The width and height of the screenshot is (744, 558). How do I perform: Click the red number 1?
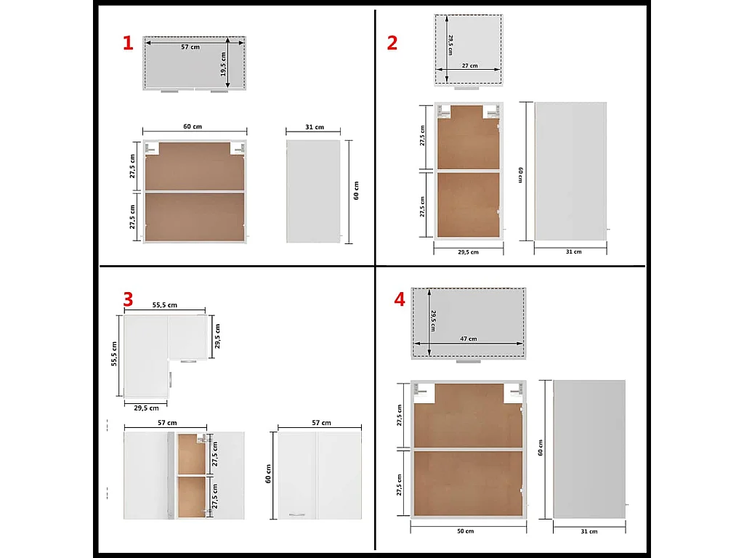(128, 43)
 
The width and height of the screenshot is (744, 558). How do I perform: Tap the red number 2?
(392, 43)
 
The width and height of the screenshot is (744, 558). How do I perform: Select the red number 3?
(128, 299)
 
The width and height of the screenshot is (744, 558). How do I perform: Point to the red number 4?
(400, 299)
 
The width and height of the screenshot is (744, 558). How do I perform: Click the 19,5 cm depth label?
(223, 64)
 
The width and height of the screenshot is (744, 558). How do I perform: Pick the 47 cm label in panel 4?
(469, 339)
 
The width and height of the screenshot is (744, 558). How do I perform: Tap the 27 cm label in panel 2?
(470, 65)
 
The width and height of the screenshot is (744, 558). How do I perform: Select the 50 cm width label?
(466, 531)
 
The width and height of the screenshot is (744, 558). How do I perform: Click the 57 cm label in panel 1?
(190, 47)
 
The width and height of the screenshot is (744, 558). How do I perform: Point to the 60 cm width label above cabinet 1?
(193, 126)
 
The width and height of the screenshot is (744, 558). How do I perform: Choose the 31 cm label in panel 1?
(315, 127)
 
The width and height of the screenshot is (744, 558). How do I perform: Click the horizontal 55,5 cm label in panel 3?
(165, 305)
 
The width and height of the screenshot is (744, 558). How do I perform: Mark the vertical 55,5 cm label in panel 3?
(114, 354)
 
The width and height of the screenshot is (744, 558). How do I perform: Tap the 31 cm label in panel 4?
(589, 531)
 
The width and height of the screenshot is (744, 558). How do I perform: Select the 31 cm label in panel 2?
(574, 251)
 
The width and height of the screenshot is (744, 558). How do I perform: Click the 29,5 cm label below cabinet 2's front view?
(469, 252)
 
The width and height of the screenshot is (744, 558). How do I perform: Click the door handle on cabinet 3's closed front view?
(297, 514)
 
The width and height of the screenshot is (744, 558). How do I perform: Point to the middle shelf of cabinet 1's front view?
(195, 191)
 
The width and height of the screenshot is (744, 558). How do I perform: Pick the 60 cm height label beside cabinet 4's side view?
(541, 448)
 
